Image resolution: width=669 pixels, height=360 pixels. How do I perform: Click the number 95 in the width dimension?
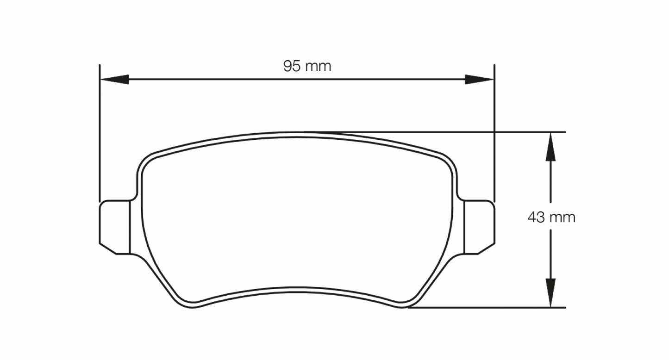click(x=292, y=67)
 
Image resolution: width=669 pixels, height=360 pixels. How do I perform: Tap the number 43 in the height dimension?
click(x=536, y=217)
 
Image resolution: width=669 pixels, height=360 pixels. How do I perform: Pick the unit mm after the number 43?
click(x=562, y=217)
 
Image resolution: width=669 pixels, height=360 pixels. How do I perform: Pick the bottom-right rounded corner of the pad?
click(x=407, y=303)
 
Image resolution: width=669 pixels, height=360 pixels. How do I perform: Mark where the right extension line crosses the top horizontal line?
click(x=494, y=132)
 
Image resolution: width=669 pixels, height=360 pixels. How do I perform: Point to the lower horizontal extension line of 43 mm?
click(x=486, y=307)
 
